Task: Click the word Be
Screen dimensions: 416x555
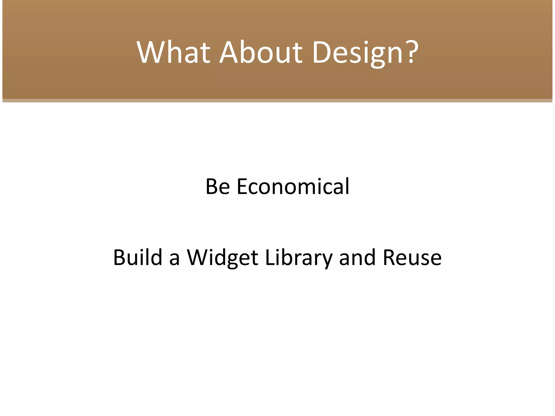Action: (218, 187)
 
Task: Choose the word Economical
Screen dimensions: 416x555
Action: (293, 187)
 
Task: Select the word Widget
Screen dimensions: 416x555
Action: (222, 258)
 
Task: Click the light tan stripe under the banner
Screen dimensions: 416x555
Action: (277, 100)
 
